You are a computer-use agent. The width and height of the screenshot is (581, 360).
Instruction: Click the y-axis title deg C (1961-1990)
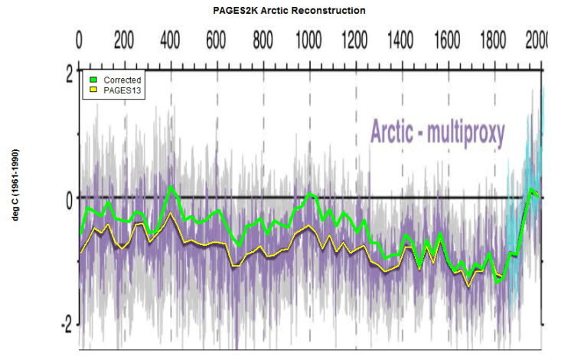click(x=15, y=185)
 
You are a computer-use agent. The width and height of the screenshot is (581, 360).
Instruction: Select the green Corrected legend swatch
click(x=93, y=80)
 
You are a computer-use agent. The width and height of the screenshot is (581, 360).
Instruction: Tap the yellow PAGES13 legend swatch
click(x=93, y=90)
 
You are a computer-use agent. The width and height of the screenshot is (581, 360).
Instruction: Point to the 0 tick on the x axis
click(x=80, y=40)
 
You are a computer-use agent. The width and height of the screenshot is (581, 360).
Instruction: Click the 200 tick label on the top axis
click(x=123, y=40)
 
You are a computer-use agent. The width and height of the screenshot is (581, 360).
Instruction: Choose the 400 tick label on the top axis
click(x=170, y=40)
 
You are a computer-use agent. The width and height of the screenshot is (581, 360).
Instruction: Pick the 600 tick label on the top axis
click(x=216, y=40)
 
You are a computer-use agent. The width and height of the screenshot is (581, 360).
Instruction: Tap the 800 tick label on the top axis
click(x=263, y=40)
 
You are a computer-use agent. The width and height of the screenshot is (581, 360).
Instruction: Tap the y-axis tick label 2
click(x=68, y=74)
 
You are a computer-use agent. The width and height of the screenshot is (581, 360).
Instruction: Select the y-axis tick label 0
click(x=68, y=198)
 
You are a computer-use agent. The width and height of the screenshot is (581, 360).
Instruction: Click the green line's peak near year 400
click(x=171, y=186)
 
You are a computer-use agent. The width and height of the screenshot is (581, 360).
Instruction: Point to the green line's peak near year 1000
click(x=310, y=194)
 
